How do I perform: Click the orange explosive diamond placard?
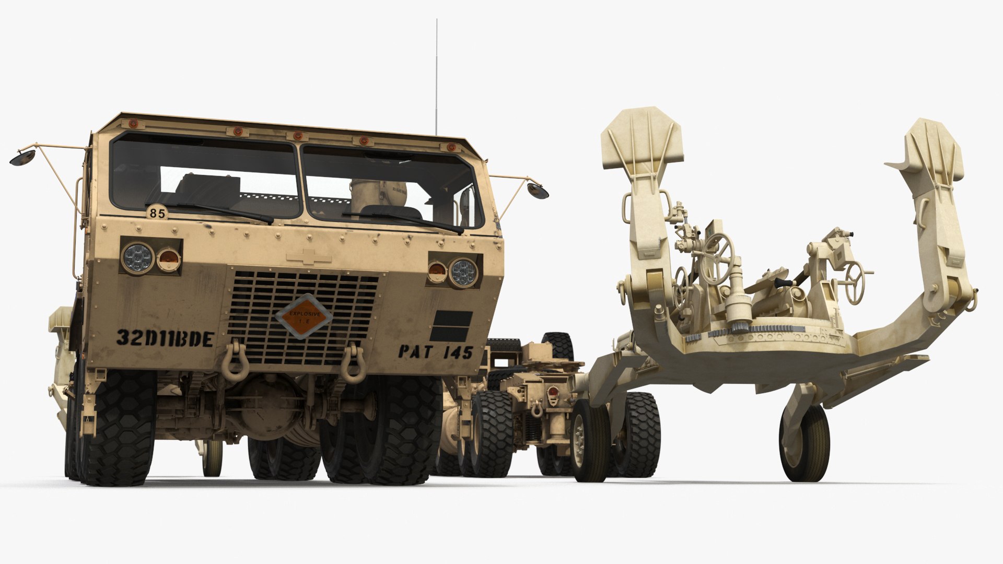pos(304,316)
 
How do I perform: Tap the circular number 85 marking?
pos(156,213)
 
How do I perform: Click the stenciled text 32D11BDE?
pos(164,338)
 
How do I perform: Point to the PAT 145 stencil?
pos(435,351)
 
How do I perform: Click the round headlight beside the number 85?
pos(138,256)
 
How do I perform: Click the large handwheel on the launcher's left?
pos(718,251)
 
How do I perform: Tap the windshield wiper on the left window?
pos(209,211)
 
